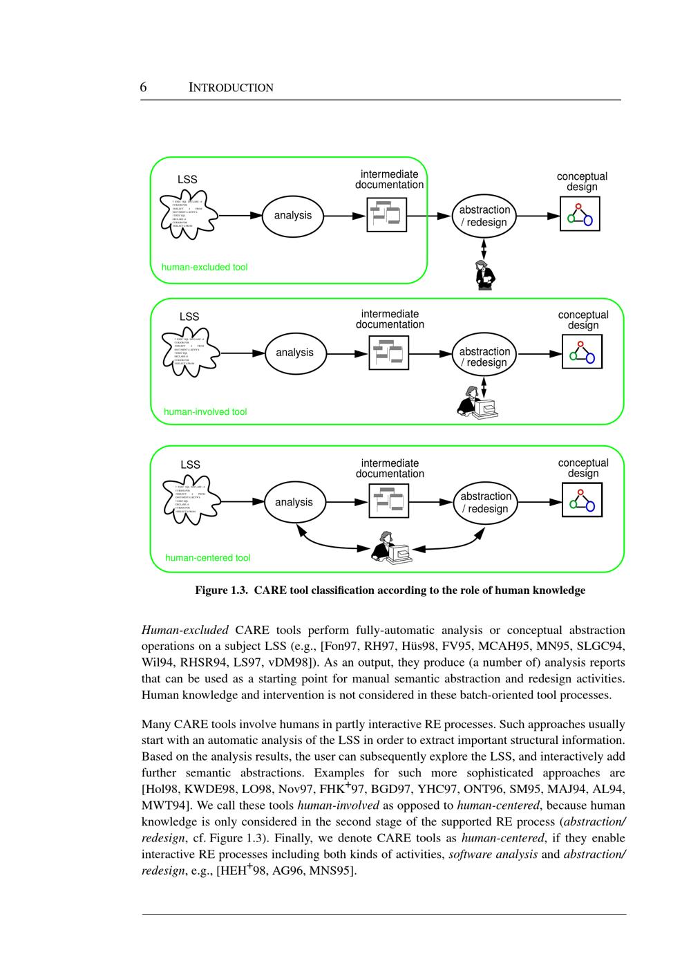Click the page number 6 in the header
tap(143, 87)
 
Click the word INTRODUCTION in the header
tap(231, 88)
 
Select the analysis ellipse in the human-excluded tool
tap(293, 216)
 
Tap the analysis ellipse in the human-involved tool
tap(294, 353)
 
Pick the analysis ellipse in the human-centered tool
tap(294, 502)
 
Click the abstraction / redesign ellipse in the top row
tap(484, 216)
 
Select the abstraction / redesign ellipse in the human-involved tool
tap(484, 357)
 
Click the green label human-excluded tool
tap(205, 267)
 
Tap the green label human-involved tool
tap(205, 412)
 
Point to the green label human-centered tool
tap(208, 558)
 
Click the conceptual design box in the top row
tap(580, 214)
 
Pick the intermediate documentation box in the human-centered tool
tap(389, 501)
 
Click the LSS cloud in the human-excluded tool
tap(187, 214)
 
